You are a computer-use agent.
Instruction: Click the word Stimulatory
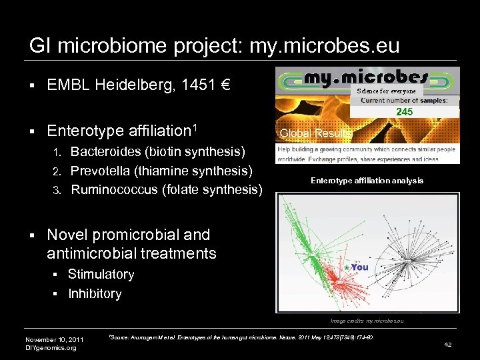pos(101,275)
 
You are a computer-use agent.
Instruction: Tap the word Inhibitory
pos(95,294)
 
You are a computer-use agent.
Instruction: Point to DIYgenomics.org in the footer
pos(51,347)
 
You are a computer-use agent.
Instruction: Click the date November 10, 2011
pos(54,339)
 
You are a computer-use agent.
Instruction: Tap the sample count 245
pos(404,112)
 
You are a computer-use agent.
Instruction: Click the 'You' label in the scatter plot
pos(360,267)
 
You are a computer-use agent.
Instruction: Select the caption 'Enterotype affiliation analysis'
pos(367,181)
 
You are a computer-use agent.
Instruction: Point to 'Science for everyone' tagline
pos(386,91)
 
